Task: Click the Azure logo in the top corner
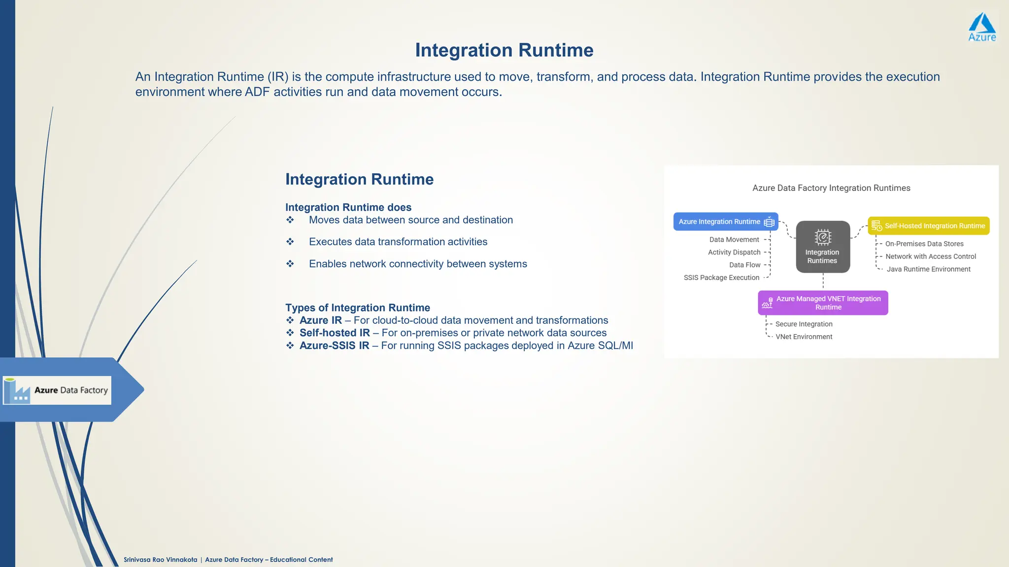[x=982, y=27]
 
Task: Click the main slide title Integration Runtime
[x=504, y=50]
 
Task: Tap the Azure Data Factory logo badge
[x=57, y=390]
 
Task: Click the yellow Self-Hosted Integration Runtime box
[x=928, y=226]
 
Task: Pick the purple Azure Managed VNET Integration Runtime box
[x=823, y=303]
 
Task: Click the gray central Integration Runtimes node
[x=823, y=247]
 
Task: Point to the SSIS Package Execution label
[x=721, y=278]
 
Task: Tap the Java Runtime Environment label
[x=928, y=269]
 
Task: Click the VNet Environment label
[x=804, y=337]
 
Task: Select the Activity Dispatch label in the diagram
[x=734, y=252]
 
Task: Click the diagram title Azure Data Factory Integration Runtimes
[x=831, y=188]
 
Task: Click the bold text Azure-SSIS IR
[x=334, y=346]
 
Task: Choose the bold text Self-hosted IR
[x=335, y=333]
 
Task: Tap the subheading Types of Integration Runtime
[x=358, y=308]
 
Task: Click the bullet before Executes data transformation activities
[x=290, y=242]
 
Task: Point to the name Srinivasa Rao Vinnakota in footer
[x=160, y=560]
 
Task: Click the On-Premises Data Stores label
[x=924, y=244]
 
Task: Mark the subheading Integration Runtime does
[x=348, y=207]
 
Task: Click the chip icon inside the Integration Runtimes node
[x=823, y=237]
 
